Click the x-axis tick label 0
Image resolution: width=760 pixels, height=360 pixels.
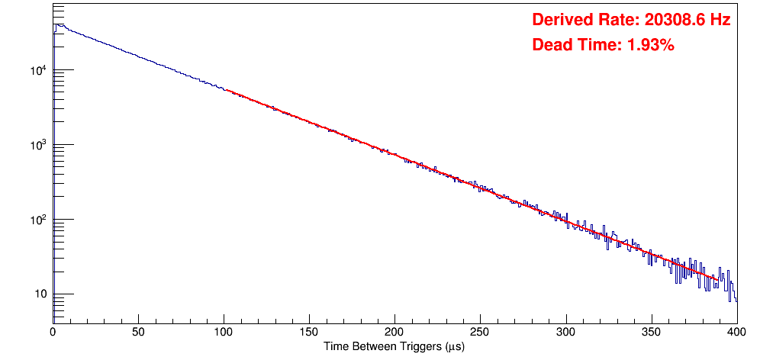53,332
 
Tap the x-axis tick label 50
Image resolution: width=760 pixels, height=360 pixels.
138,332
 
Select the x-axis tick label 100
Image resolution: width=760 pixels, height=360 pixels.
224,332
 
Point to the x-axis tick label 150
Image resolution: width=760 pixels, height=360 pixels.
309,332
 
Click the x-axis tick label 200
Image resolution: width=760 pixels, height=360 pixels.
394,332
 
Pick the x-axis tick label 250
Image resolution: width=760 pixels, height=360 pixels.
480,332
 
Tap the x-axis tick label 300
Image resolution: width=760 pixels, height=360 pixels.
565,332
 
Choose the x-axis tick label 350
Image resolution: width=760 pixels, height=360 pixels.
651,332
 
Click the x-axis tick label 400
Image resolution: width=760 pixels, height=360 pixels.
736,332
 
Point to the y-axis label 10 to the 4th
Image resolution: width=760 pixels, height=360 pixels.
37,71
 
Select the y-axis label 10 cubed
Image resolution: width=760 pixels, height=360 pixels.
37,146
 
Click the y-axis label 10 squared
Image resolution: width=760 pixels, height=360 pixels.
37,220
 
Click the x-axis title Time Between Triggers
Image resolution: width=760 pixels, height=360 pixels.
394,346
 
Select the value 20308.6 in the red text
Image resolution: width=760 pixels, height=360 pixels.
671,20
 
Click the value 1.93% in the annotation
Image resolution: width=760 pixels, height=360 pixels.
650,45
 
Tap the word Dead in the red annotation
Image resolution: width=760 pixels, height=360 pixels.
549,45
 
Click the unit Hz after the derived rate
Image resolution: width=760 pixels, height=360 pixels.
721,20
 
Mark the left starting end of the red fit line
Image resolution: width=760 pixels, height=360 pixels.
227,90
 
